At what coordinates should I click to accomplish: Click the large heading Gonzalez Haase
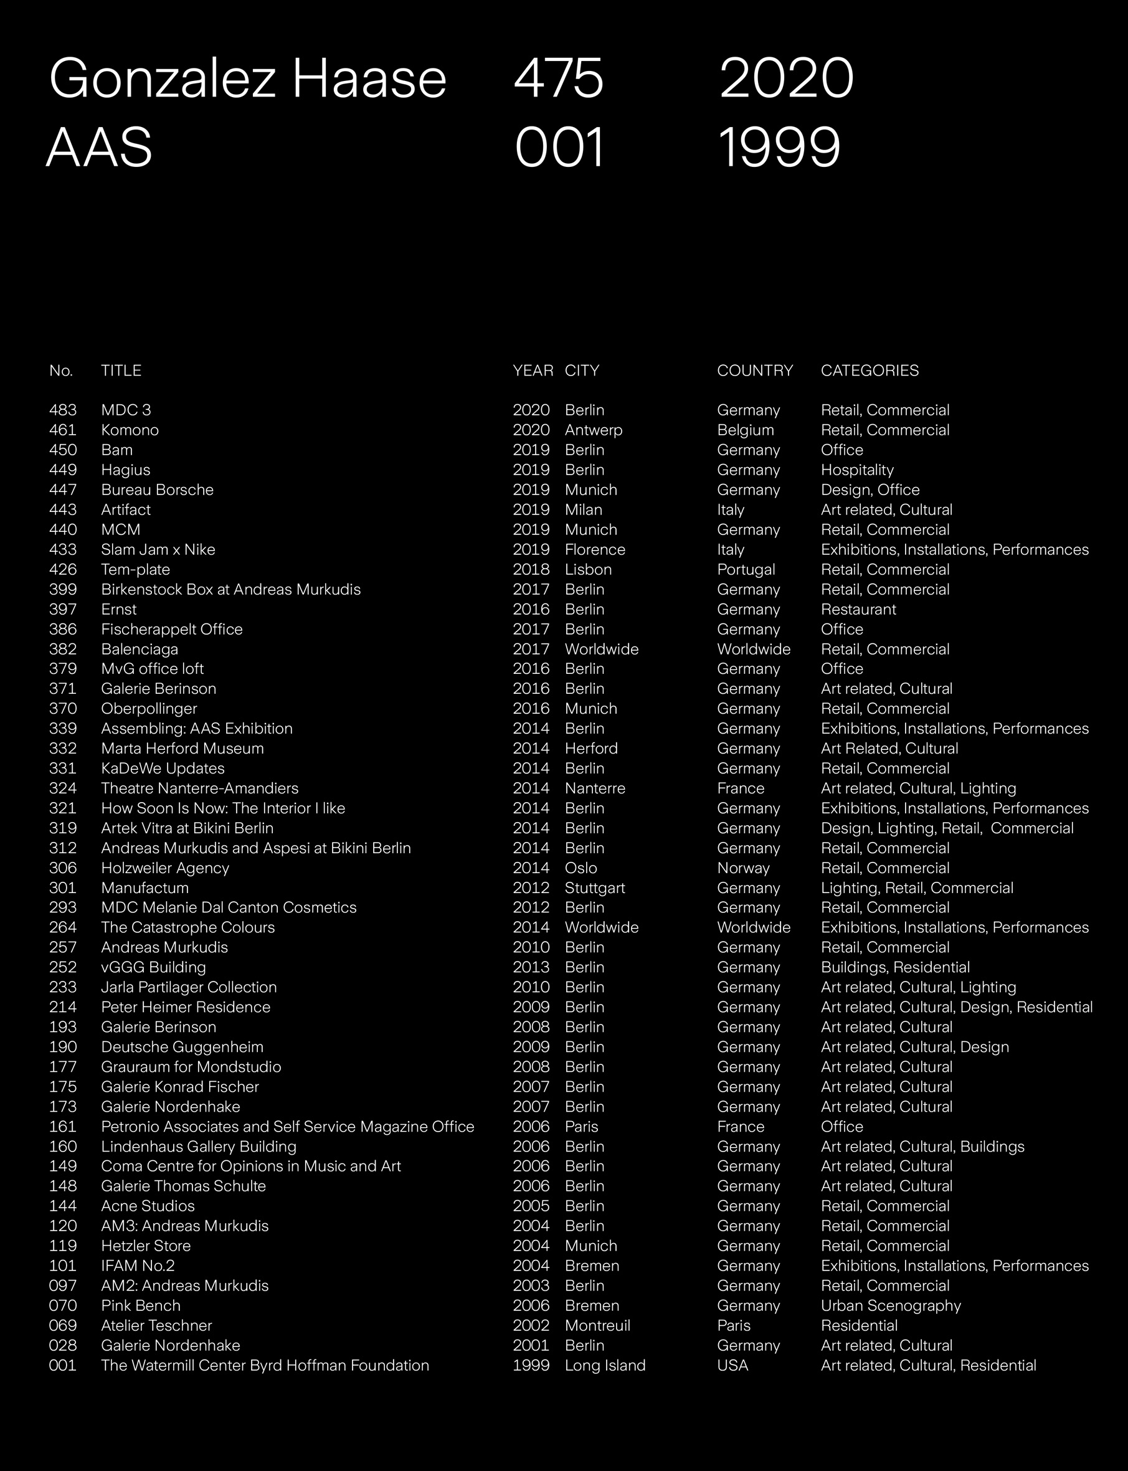pyautogui.click(x=247, y=78)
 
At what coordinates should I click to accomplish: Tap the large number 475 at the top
pyautogui.click(x=559, y=78)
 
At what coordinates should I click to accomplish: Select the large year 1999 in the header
pyautogui.click(x=779, y=148)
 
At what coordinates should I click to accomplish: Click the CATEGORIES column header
pyautogui.click(x=870, y=371)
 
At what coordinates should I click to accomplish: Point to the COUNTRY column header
pyautogui.click(x=755, y=371)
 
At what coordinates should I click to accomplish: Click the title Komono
pyautogui.click(x=130, y=430)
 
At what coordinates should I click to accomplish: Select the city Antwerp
pyautogui.click(x=594, y=430)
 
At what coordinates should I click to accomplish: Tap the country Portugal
pyautogui.click(x=746, y=569)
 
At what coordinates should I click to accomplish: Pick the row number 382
pyautogui.click(x=62, y=649)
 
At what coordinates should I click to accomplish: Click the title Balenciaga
pyautogui.click(x=140, y=649)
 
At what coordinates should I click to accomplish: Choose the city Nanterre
pyautogui.click(x=595, y=788)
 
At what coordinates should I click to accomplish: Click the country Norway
pyautogui.click(x=743, y=868)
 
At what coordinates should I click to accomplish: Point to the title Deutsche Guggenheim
pyautogui.click(x=182, y=1047)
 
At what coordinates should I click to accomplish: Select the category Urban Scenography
pyautogui.click(x=891, y=1305)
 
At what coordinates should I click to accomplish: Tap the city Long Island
pyautogui.click(x=605, y=1365)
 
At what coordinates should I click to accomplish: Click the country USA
pyautogui.click(x=732, y=1365)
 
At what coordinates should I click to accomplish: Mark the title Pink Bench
pyautogui.click(x=141, y=1305)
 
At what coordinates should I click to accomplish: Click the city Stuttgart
pyautogui.click(x=595, y=887)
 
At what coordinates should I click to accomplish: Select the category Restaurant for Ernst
pyautogui.click(x=858, y=610)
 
